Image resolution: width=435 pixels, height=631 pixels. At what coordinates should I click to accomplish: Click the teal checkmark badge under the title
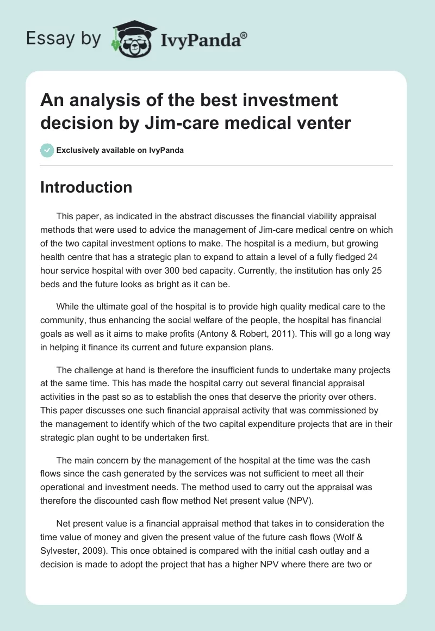[47, 150]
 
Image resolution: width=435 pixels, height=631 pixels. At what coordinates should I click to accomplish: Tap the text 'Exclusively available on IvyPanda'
[120, 150]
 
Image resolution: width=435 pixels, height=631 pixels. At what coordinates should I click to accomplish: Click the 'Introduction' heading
[86, 187]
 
